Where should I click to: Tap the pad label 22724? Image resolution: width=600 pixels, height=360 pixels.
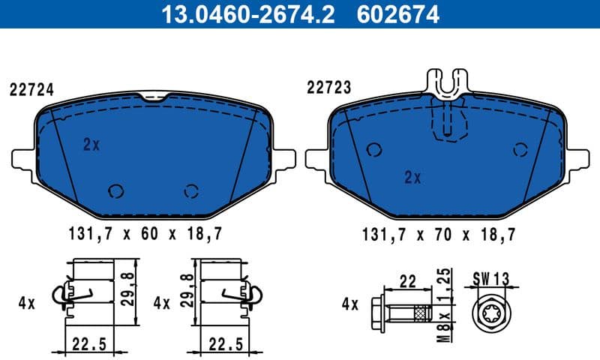pyautogui.click(x=31, y=89)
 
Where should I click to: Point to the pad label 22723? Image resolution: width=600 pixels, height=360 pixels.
pyautogui.click(x=328, y=88)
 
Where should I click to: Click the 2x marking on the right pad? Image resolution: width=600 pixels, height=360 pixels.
pyautogui.click(x=412, y=178)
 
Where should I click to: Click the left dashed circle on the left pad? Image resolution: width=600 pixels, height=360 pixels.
pyautogui.click(x=116, y=190)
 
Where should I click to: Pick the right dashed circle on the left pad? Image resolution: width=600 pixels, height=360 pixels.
pyautogui.click(x=192, y=190)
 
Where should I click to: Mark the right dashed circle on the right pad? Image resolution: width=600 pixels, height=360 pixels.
pyautogui.click(x=520, y=149)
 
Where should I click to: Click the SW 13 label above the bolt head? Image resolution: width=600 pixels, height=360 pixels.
pyautogui.click(x=491, y=278)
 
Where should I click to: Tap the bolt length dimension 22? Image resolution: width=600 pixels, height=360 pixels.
pyautogui.click(x=407, y=281)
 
